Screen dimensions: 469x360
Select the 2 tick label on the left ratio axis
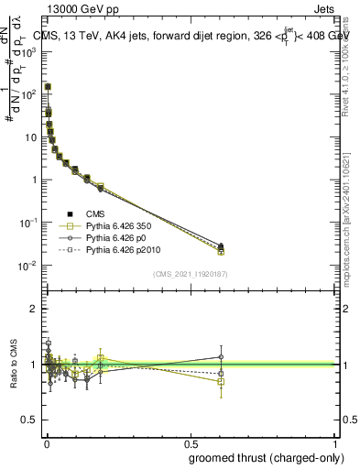tap(32, 309)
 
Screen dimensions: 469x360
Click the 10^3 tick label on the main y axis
tap(29, 51)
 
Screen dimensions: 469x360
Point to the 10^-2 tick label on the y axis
tap(29, 266)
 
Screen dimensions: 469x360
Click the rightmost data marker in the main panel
tap(221, 248)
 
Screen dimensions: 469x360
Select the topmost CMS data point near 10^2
tap(48, 87)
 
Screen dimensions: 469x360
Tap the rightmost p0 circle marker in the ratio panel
tap(221, 357)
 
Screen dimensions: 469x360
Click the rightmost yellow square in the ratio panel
tap(221, 381)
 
